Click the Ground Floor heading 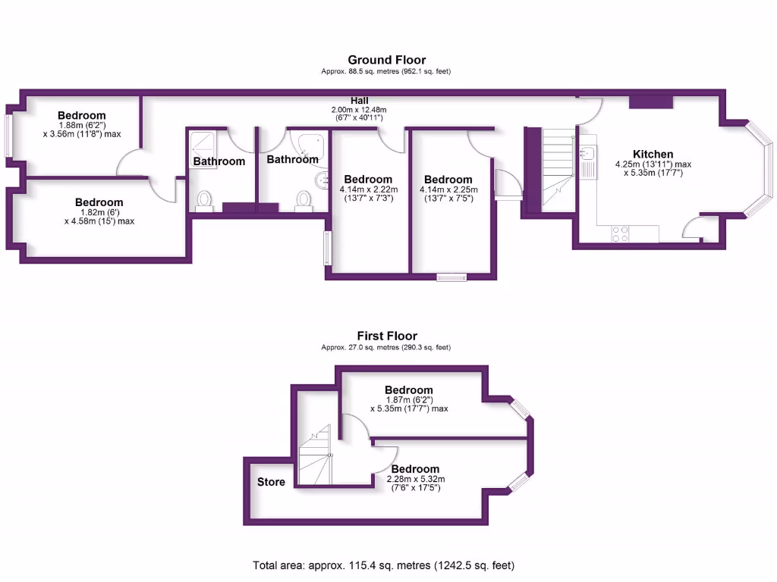coord(387,60)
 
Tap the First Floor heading coord(387,336)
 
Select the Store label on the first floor coord(271,482)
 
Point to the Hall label coord(360,101)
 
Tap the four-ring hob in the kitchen coord(619,234)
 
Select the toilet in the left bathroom coord(204,200)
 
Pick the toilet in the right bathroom coord(304,199)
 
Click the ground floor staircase coord(558,171)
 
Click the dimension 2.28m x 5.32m coord(415,478)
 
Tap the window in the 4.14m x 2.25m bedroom coord(451,277)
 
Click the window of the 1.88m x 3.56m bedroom coord(9,136)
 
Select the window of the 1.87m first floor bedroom coord(520,408)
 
